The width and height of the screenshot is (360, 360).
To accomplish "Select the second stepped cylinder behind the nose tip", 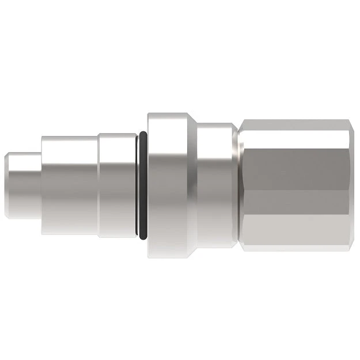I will pos(69,184).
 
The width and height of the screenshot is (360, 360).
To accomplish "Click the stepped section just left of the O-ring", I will pos(118,184).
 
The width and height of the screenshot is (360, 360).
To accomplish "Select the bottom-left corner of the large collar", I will pos(149,256).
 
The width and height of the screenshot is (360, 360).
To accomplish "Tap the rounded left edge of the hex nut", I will pos(242,184).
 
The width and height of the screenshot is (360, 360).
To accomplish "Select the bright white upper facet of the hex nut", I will pos(300,132).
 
